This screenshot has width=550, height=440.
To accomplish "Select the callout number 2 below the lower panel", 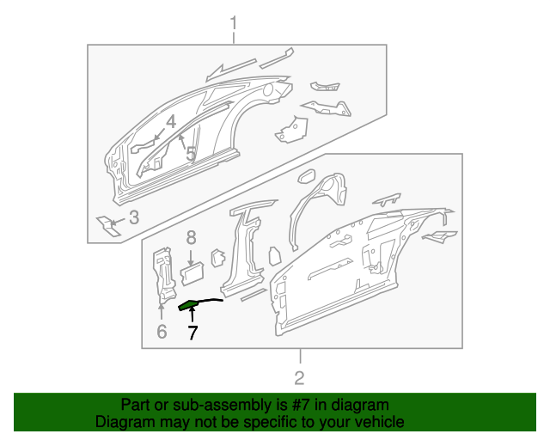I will [x=299, y=377].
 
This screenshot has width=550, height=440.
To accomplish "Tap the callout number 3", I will [x=133, y=217].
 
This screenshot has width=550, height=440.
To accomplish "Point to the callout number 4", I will [x=171, y=122].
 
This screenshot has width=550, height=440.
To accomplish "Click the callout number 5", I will [x=191, y=154].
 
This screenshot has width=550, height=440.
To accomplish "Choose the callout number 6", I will [x=161, y=332].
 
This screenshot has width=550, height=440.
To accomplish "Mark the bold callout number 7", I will [x=192, y=333].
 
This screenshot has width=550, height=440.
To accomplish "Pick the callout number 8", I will [x=191, y=236].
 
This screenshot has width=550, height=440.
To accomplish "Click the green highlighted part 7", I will [x=189, y=303].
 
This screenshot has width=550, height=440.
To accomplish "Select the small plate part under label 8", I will [x=191, y=272].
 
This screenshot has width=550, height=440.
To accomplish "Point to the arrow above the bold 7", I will [x=192, y=317].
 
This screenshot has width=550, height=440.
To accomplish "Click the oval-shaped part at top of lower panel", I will [x=304, y=177].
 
